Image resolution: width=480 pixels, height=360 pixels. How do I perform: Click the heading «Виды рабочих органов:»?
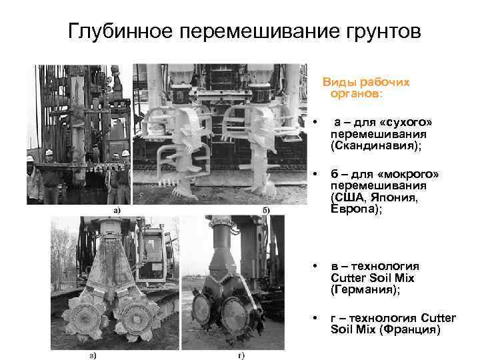(366, 87)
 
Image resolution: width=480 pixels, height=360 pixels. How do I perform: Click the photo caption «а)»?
(117, 210)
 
